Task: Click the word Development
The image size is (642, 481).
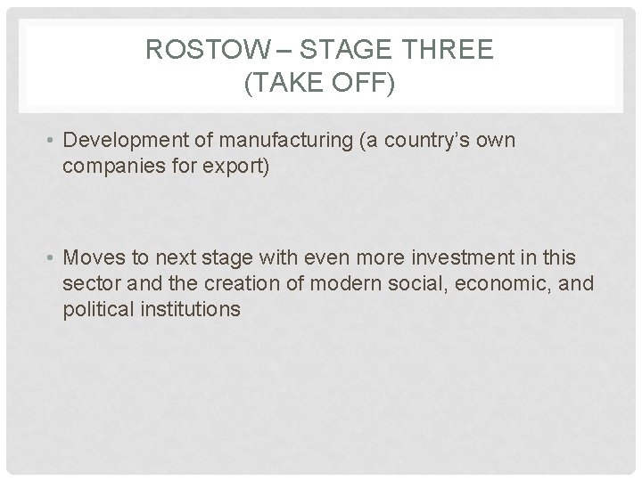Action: (x=125, y=141)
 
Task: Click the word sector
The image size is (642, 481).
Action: (x=86, y=284)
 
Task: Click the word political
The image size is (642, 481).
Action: (x=95, y=310)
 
